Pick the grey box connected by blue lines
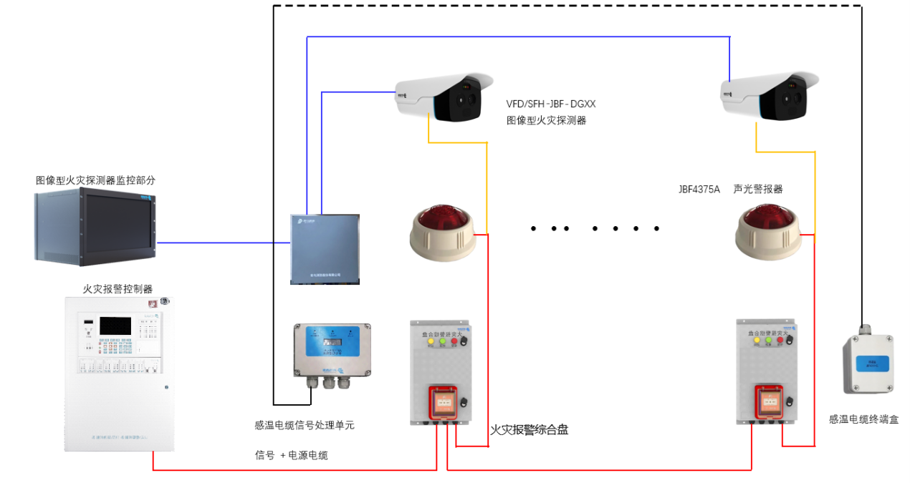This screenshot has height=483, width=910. [x=325, y=249]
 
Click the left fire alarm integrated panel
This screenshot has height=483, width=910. [x=441, y=372]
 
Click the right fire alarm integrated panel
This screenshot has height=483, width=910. [x=767, y=372]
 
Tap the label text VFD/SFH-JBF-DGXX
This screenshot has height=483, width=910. [x=550, y=104]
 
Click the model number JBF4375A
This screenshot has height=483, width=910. [x=699, y=190]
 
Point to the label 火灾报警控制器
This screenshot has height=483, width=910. [x=118, y=289]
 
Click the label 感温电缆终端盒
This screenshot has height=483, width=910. [x=863, y=419]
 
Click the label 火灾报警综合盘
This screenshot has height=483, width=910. [x=529, y=430]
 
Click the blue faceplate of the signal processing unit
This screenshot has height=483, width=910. [x=332, y=341]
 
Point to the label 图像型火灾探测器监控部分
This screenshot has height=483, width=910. [x=95, y=180]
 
